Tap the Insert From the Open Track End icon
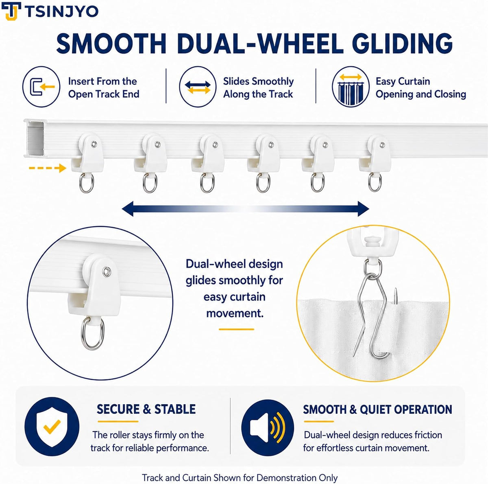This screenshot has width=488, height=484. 41,87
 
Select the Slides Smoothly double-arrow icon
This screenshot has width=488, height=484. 198,87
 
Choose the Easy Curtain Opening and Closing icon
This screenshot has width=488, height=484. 351,87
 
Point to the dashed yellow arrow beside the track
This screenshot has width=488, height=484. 48,168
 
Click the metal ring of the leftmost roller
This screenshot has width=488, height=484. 86,183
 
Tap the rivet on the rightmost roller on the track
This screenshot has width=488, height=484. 382,145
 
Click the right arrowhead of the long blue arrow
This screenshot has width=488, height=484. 363,209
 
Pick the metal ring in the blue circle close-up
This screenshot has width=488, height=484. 92,334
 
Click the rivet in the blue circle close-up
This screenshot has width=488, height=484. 107,272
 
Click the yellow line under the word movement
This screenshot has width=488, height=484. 236,329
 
